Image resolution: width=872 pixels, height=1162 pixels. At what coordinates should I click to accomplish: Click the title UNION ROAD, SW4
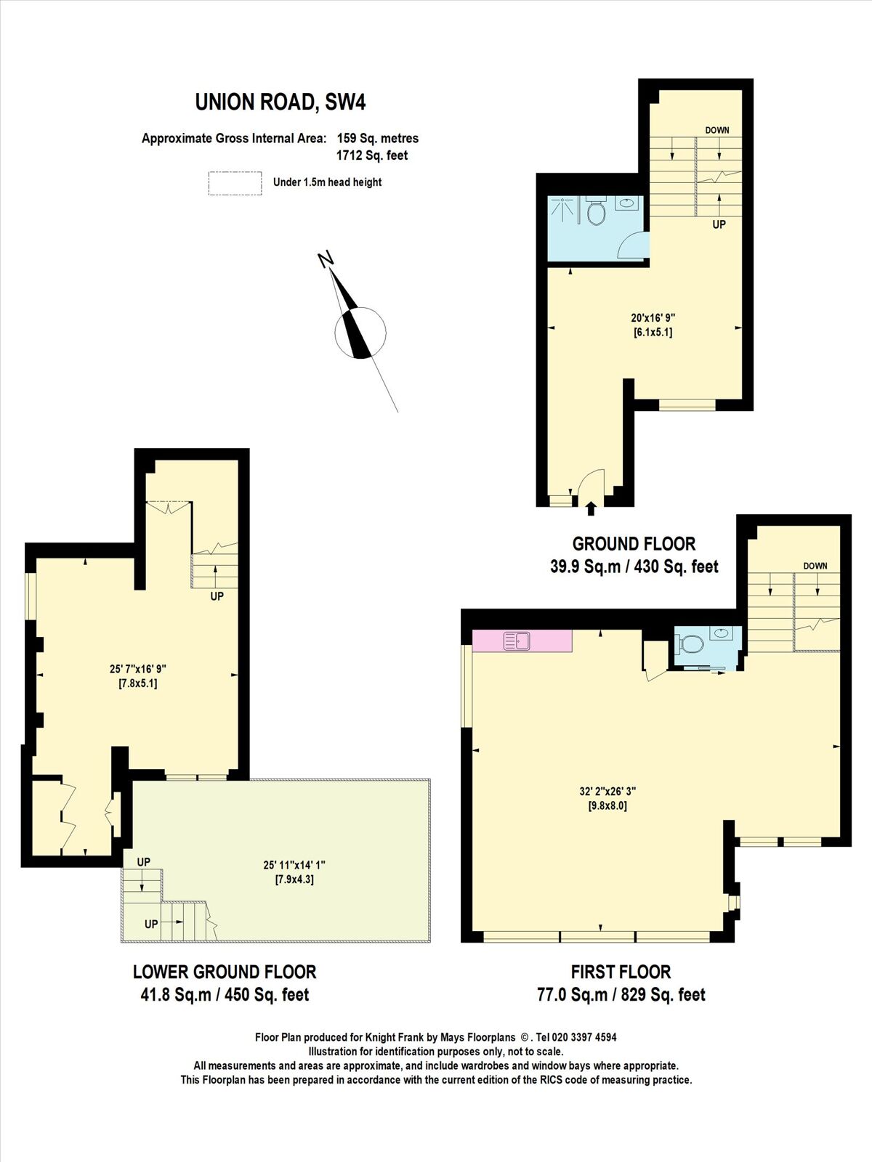click(x=280, y=102)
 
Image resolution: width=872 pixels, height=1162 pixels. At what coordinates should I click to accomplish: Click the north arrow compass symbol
click(x=359, y=333)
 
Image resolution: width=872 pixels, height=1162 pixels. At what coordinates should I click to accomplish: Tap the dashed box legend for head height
click(x=235, y=183)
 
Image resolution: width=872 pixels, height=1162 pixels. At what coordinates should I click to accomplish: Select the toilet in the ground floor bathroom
click(x=596, y=213)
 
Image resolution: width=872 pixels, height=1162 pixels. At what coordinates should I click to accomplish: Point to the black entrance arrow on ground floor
click(x=591, y=508)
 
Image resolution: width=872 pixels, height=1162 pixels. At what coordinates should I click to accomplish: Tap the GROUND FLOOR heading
click(x=634, y=543)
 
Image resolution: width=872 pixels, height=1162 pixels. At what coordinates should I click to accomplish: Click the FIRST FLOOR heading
click(x=621, y=972)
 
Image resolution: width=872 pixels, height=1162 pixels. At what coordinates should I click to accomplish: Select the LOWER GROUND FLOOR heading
click(x=225, y=972)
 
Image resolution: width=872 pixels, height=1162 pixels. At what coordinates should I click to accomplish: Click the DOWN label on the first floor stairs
click(x=815, y=566)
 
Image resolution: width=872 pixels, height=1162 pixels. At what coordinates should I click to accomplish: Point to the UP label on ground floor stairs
click(x=719, y=225)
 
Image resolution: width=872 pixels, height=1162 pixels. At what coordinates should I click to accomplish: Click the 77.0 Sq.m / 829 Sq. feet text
click(x=621, y=995)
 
